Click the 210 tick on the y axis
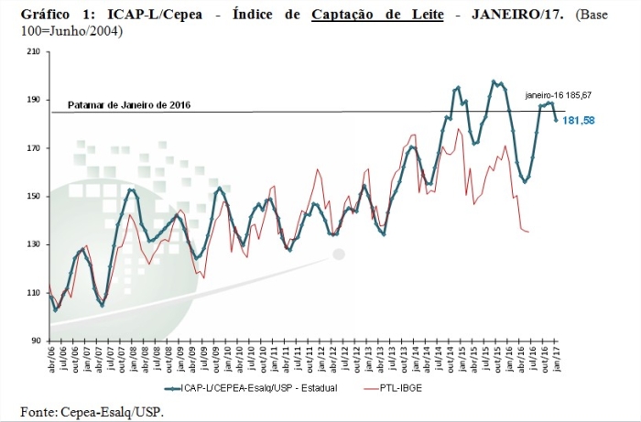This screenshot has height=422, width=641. coord(34,52)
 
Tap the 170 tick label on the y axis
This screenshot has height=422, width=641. coord(34,148)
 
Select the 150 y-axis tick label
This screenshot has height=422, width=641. coord(34,197)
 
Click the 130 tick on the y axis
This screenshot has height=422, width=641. coord(34,244)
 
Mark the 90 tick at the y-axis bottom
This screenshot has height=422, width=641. coord(37,341)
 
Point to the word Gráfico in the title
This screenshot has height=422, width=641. coord(45,14)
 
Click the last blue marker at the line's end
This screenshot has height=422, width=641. coord(556,120)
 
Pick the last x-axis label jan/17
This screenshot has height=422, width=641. coord(557,358)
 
